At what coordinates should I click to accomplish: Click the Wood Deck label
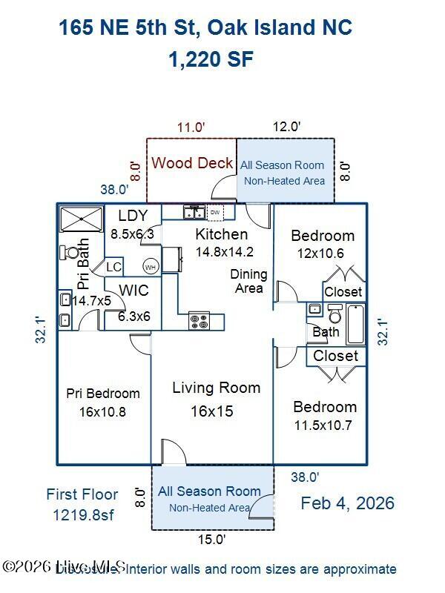pyautogui.click(x=192, y=163)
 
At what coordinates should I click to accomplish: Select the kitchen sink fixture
pyautogui.click(x=194, y=213)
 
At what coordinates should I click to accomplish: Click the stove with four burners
pyautogui.click(x=200, y=320)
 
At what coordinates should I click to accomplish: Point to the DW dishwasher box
pyautogui.click(x=215, y=213)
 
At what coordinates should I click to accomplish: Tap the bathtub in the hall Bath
pyautogui.click(x=355, y=324)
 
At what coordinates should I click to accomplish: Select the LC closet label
pyautogui.click(x=113, y=267)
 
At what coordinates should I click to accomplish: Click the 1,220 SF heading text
pyautogui.click(x=211, y=60)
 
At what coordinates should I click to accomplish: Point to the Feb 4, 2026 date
pyautogui.click(x=347, y=503)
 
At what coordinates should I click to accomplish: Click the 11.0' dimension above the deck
pyautogui.click(x=191, y=127)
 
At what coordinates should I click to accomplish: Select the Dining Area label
pyautogui.click(x=248, y=281)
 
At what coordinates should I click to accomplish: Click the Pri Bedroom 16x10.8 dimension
pyautogui.click(x=103, y=411)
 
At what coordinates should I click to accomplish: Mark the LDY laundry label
pyautogui.click(x=133, y=216)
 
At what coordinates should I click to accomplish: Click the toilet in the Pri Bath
pyautogui.click(x=71, y=253)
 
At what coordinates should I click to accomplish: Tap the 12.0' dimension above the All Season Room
pyautogui.click(x=286, y=127)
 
